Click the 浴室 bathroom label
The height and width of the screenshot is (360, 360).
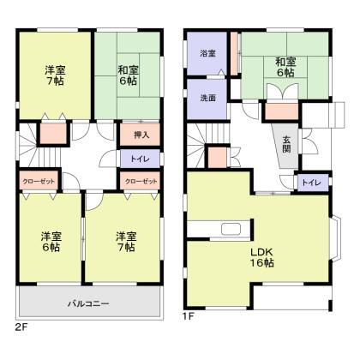tap(207, 54)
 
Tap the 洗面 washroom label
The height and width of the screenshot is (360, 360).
tap(207, 97)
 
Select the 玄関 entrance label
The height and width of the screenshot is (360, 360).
tap(284, 147)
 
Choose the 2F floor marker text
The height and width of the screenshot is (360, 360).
tap(21, 326)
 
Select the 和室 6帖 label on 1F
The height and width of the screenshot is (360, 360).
tap(285, 67)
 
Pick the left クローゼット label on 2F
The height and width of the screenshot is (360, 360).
tap(37, 182)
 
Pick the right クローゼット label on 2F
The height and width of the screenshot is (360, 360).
tap(141, 182)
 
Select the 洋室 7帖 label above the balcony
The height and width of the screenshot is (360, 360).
tap(124, 241)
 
